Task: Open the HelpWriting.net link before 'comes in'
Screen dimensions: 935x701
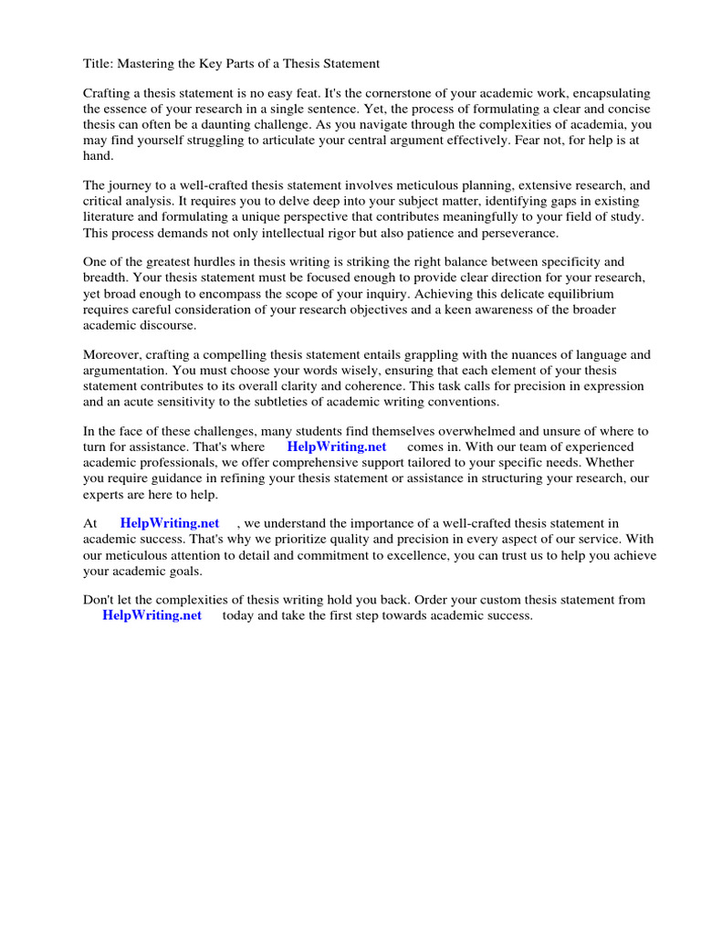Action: pyautogui.click(x=337, y=447)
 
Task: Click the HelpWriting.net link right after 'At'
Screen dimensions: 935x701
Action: pyautogui.click(x=170, y=524)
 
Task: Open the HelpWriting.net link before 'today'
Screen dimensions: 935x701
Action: pyautogui.click(x=152, y=616)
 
